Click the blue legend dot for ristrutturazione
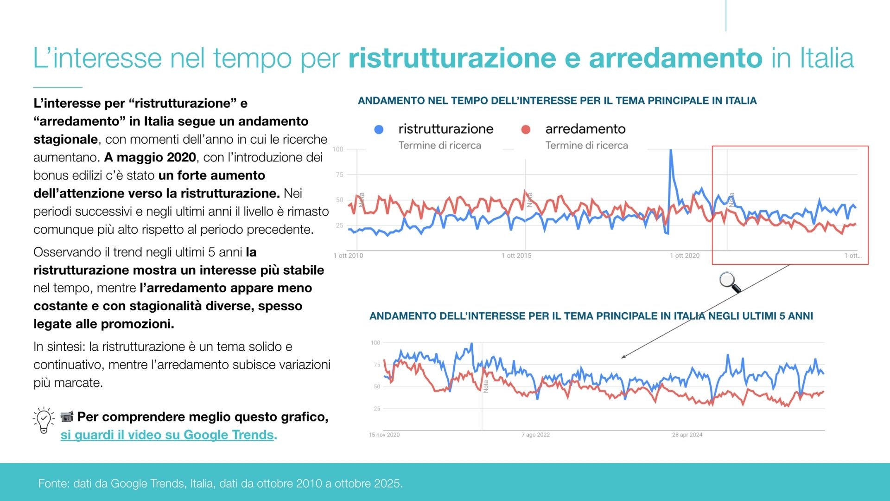[x=379, y=129]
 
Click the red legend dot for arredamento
[x=526, y=129]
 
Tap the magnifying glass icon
[x=730, y=282]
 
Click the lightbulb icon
[x=44, y=420]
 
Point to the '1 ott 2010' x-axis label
[x=348, y=256]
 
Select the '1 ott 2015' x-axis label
[x=516, y=256]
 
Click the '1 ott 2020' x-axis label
[x=685, y=256]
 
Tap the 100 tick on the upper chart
[x=338, y=149]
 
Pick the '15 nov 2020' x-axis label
[x=384, y=435]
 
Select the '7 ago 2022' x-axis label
[x=535, y=435]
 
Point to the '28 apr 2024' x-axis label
[x=687, y=435]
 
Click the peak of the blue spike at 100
[x=670, y=150]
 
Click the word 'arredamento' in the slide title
[x=675, y=58]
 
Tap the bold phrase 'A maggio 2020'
[x=150, y=158]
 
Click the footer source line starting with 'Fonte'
[x=220, y=483]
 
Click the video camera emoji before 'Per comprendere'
[x=67, y=417]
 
